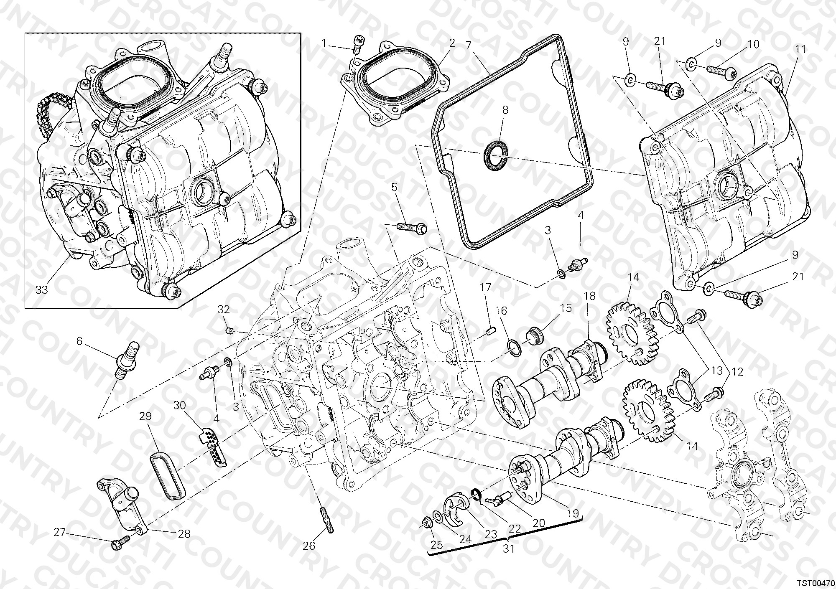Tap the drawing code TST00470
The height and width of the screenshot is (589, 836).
coord(811,581)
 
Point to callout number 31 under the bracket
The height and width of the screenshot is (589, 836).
coord(508,548)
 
